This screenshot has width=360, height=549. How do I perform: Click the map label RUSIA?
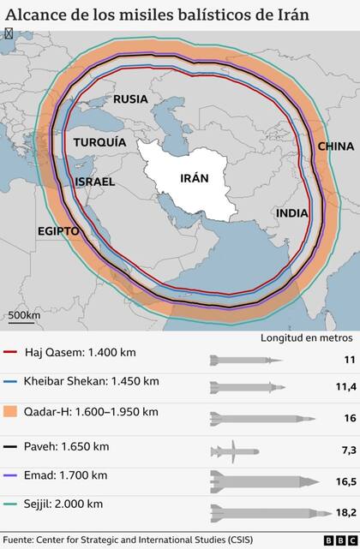point(130,99)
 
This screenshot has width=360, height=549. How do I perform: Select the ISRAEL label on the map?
point(94,182)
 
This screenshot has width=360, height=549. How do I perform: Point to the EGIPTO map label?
point(58,231)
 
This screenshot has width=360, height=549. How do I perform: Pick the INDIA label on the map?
point(293,212)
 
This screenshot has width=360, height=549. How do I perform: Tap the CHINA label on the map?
point(335,146)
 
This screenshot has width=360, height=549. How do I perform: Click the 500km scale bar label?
point(24,315)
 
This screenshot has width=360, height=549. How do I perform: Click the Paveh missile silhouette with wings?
point(233,450)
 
